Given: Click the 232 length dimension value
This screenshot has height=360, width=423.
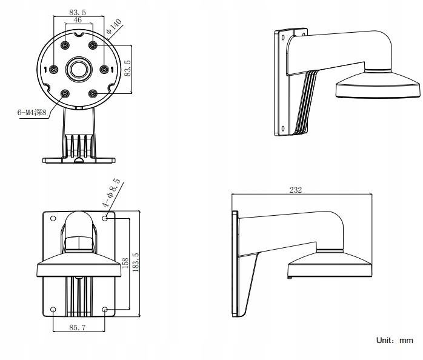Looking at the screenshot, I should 296,190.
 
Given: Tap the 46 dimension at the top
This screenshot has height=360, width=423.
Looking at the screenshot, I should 78,20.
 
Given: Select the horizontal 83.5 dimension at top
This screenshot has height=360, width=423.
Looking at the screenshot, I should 78,11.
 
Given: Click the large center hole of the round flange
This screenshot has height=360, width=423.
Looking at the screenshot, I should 79,68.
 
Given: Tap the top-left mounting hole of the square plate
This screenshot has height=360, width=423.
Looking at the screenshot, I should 53,218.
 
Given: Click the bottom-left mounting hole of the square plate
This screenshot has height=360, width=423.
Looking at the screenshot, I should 53,310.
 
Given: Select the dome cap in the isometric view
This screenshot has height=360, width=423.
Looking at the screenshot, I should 376,85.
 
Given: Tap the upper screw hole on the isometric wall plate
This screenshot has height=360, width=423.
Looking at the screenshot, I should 283,37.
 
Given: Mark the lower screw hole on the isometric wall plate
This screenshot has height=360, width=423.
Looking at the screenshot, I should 283,128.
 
